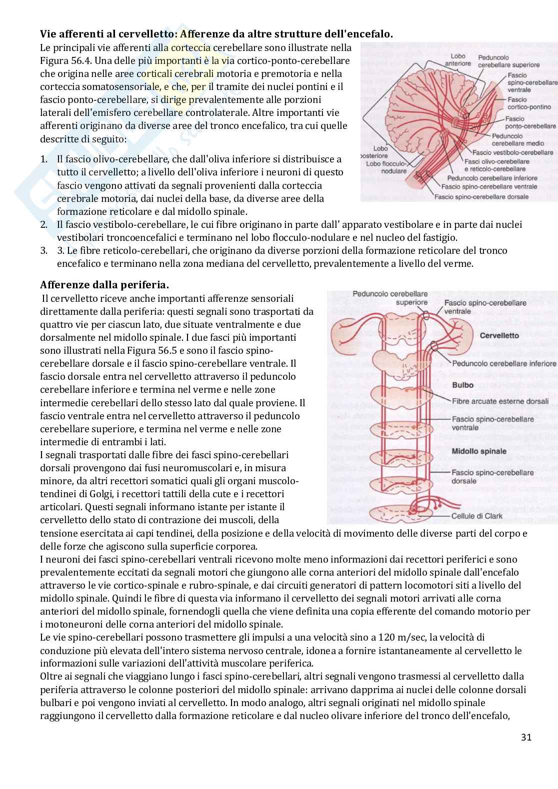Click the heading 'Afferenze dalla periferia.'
(104, 285)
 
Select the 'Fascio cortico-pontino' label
(528, 103)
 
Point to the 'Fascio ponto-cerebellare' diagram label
(529, 122)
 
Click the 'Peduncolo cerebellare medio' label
(522, 139)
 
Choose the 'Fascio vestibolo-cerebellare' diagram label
(512, 152)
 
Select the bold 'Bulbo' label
(462, 385)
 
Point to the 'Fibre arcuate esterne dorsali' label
(500, 401)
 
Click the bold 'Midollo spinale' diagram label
(478, 451)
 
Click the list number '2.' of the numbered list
(44, 225)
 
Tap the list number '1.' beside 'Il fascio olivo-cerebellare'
(44, 159)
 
